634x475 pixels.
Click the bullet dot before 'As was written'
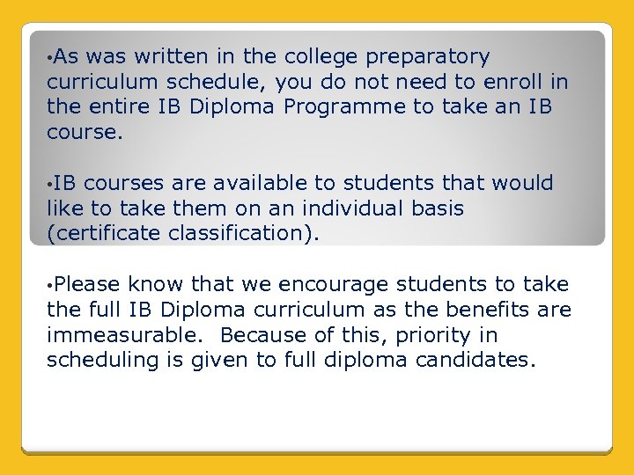(x=50, y=58)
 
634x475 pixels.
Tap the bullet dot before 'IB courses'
(x=50, y=185)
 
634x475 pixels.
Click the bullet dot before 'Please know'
(x=50, y=286)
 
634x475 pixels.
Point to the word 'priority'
(x=431, y=335)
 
